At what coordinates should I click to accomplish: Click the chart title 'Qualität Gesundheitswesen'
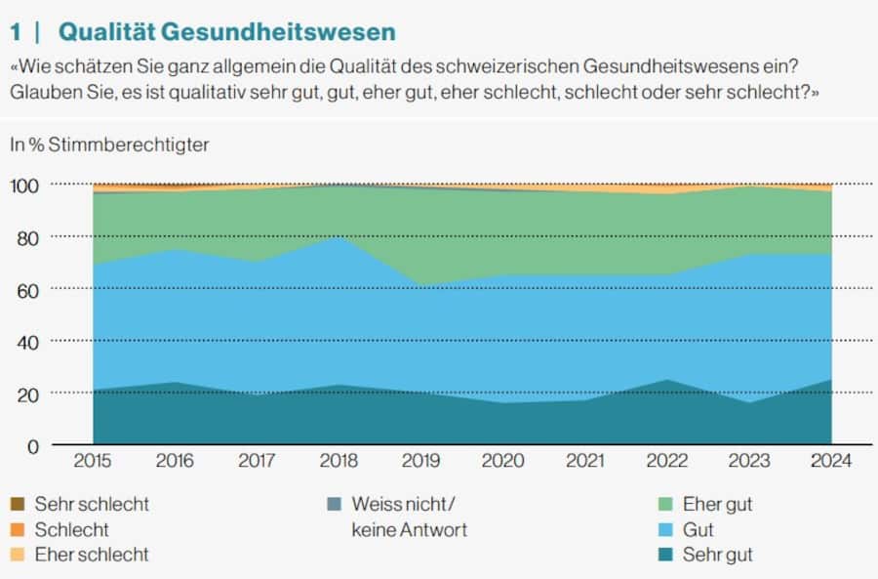click(x=227, y=31)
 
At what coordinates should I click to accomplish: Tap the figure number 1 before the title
click(x=16, y=31)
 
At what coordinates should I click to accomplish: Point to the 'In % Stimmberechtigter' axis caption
click(x=109, y=145)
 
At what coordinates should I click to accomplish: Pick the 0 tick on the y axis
click(x=33, y=446)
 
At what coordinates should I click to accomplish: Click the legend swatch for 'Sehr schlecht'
click(x=17, y=505)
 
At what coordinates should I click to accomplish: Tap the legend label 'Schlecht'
click(x=71, y=530)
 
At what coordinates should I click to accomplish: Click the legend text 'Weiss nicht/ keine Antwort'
click(x=409, y=517)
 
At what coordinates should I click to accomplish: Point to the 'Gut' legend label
click(x=698, y=530)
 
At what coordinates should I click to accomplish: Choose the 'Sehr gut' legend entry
click(x=717, y=555)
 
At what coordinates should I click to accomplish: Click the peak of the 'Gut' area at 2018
click(x=339, y=237)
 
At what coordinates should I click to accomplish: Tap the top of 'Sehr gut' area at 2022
click(x=667, y=380)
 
